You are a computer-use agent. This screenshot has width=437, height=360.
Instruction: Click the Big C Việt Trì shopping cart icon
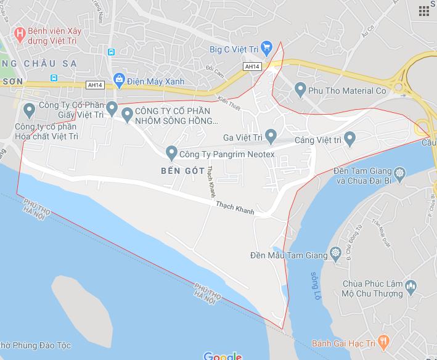point(266,47)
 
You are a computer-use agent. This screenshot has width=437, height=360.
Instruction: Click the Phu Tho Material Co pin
point(300,90)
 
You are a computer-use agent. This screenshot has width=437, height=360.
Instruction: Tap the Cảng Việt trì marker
point(350,138)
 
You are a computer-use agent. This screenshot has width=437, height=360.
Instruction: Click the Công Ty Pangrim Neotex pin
point(171,152)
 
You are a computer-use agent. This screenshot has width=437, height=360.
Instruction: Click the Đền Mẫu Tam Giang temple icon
point(335,252)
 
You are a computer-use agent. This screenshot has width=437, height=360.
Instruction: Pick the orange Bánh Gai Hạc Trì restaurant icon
point(383,340)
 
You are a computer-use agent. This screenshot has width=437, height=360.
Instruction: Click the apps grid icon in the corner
point(424,10)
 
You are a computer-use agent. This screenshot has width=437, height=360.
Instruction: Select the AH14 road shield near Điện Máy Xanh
point(96,84)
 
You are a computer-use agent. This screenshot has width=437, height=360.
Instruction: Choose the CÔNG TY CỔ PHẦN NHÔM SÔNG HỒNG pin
point(128,113)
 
